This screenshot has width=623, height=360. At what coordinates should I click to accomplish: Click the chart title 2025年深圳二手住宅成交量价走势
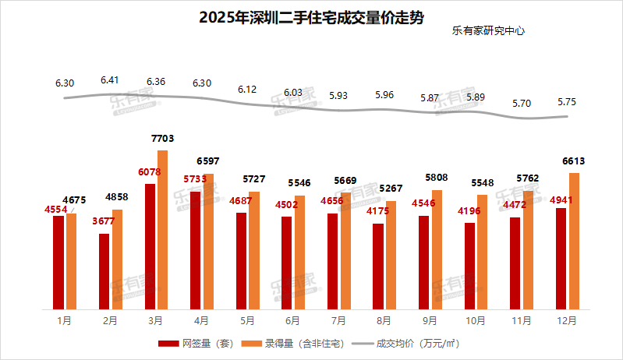[311, 17]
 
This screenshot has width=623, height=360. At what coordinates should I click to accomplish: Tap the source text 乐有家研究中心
[488, 32]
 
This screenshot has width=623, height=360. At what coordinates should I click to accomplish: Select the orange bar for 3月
[162, 230]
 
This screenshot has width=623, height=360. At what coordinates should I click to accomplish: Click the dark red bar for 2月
[104, 270]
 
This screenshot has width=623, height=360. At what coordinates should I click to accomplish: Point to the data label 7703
[162, 139]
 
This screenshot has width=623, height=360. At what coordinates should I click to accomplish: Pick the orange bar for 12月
[574, 241]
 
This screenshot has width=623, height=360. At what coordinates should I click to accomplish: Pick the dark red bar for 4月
[195, 250]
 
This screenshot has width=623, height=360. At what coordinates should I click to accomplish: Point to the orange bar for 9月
[437, 249]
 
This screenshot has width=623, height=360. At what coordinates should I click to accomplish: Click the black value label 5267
[391, 187]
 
